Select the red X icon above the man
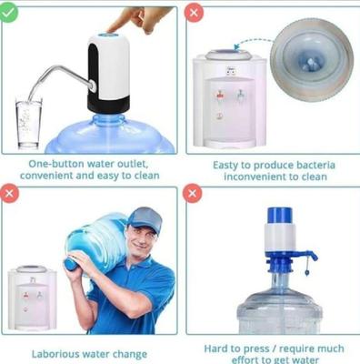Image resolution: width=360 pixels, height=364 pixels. (x=9, y=195)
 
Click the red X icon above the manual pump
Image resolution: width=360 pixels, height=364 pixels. (x=193, y=195)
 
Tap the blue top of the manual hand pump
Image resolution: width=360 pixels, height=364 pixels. (x=279, y=217)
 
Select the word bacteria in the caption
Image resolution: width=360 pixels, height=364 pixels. (x=315, y=165)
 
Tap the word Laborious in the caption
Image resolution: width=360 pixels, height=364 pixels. (x=56, y=354)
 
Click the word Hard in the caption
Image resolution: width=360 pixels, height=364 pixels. (x=218, y=347)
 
